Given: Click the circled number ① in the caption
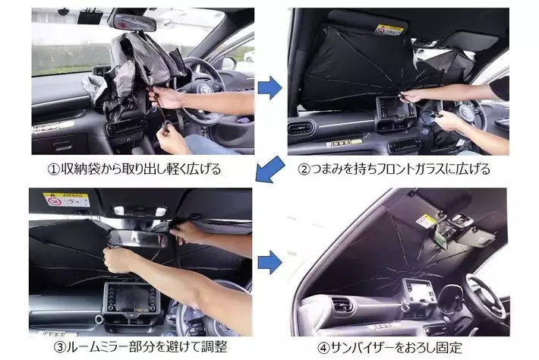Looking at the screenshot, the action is [x=54, y=169].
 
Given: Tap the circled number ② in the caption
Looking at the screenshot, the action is [x=304, y=169].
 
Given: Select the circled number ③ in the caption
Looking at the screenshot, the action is [x=60, y=347].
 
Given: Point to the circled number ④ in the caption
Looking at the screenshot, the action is [x=324, y=348].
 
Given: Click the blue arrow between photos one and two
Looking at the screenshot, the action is [x=269, y=87].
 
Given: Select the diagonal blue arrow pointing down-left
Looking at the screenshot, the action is [x=270, y=169].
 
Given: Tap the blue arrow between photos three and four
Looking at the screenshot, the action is [x=269, y=262].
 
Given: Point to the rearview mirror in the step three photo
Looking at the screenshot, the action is [x=138, y=238].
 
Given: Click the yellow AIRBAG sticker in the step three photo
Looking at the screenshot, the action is [x=66, y=200].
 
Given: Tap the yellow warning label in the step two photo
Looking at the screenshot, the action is [x=389, y=30].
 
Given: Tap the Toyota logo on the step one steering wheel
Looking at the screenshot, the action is [x=205, y=90].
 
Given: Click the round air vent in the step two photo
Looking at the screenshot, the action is [x=301, y=128].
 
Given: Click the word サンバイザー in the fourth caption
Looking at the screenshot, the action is [x=364, y=348].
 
